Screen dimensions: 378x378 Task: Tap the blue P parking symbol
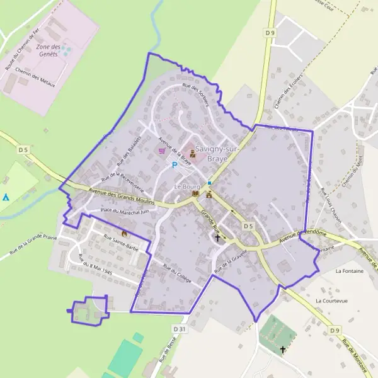click(175, 165)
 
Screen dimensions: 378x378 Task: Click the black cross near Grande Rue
click(219, 238)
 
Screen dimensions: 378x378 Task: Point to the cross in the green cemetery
click(283, 348)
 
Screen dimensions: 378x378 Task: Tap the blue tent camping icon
click(6, 197)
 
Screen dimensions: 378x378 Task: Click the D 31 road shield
click(179, 329)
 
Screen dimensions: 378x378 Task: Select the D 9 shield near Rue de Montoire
click(335, 329)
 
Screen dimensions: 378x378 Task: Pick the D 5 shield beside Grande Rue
click(248, 226)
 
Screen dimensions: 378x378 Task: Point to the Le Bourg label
click(186, 187)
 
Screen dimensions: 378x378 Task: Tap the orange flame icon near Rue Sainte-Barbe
click(124, 233)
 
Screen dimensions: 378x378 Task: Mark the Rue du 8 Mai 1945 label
click(94, 267)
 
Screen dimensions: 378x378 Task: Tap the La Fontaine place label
click(348, 271)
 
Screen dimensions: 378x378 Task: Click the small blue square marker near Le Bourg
click(209, 183)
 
